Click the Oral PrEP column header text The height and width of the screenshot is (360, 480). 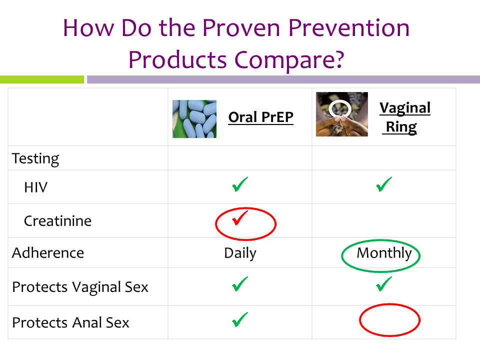tap(261, 117)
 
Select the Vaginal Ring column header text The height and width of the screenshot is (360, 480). tap(404, 117)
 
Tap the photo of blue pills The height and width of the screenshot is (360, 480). tap(194, 119)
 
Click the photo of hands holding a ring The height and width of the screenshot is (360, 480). tap(342, 114)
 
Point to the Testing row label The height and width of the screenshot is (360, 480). tap(35, 159)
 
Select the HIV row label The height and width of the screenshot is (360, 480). tap(36, 187)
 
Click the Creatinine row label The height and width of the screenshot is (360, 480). tap(57, 220)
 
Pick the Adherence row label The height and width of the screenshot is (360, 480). tap(48, 253)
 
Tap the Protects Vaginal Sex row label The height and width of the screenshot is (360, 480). tap(80, 287)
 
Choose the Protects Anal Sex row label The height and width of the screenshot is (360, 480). tap(70, 322)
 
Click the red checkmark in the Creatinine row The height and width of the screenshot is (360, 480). tap(239, 217)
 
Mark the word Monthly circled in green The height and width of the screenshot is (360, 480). tap(384, 253)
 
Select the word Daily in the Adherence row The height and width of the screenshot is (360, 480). tap(240, 253)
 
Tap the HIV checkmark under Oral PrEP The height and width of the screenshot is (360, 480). tap(239, 184)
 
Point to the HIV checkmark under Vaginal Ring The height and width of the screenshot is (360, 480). tap(384, 184)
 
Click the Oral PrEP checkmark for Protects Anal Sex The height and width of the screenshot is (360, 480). tap(239, 319)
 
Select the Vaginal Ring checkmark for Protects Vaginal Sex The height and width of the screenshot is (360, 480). tap(384, 284)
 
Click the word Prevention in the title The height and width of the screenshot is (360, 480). tap(349, 28)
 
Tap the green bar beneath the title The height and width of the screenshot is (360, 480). tap(42, 79)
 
